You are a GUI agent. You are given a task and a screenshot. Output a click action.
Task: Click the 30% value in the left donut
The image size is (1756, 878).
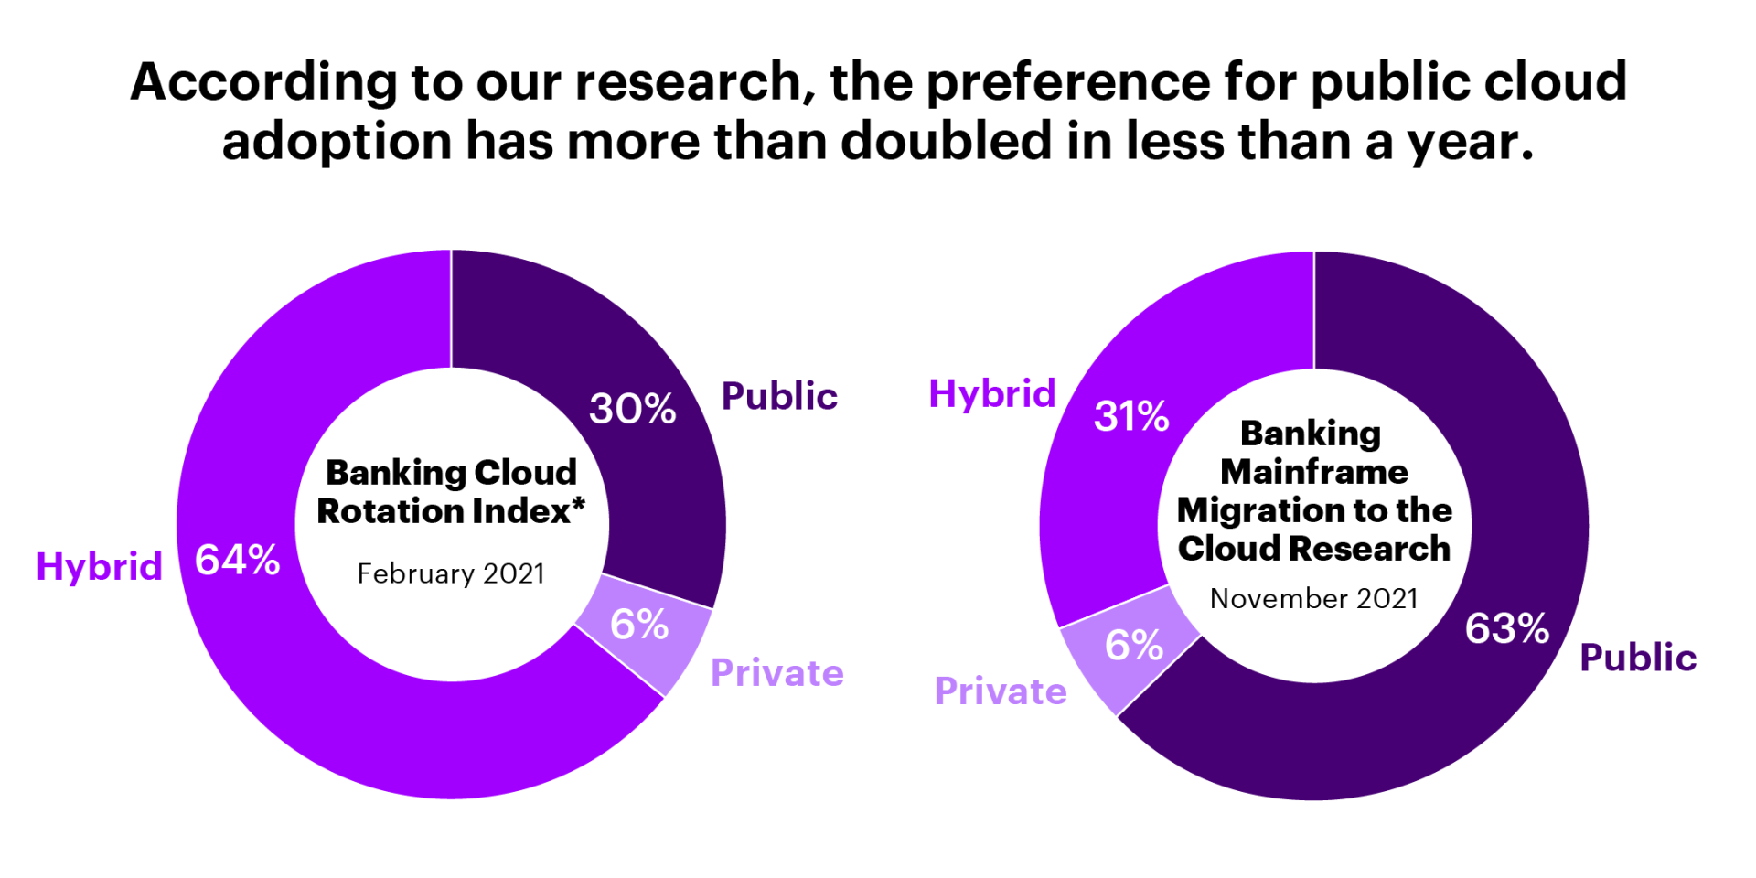(632, 409)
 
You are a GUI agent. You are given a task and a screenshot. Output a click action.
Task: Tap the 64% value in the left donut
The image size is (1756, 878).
(238, 560)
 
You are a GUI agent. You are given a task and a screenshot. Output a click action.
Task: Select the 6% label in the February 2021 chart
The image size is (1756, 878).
(639, 625)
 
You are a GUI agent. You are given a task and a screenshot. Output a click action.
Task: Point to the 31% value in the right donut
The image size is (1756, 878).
(1131, 416)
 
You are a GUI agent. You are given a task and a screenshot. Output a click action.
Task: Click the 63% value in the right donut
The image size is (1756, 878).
(1507, 628)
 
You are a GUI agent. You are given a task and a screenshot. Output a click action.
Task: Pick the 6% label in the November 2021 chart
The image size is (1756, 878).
(1134, 645)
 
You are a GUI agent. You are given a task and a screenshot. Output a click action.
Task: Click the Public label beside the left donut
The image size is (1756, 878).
(779, 396)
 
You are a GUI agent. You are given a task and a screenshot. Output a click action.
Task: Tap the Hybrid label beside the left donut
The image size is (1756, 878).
(99, 566)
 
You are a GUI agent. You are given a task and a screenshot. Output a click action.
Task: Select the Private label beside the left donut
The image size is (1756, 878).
(777, 673)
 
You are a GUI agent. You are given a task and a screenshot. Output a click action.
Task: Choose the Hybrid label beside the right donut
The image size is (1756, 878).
(992, 393)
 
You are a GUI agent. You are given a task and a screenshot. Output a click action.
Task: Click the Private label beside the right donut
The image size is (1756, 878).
(1001, 691)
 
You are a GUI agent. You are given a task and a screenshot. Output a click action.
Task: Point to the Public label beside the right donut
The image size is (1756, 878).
(1638, 658)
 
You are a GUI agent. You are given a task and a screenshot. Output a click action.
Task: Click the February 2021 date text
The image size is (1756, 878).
(451, 573)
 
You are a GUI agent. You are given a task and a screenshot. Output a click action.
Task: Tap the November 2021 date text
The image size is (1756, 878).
(1314, 598)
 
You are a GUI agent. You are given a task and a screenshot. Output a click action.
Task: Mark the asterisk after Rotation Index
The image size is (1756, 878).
(578, 504)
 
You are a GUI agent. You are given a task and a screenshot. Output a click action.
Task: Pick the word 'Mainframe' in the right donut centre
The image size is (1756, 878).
(1314, 472)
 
